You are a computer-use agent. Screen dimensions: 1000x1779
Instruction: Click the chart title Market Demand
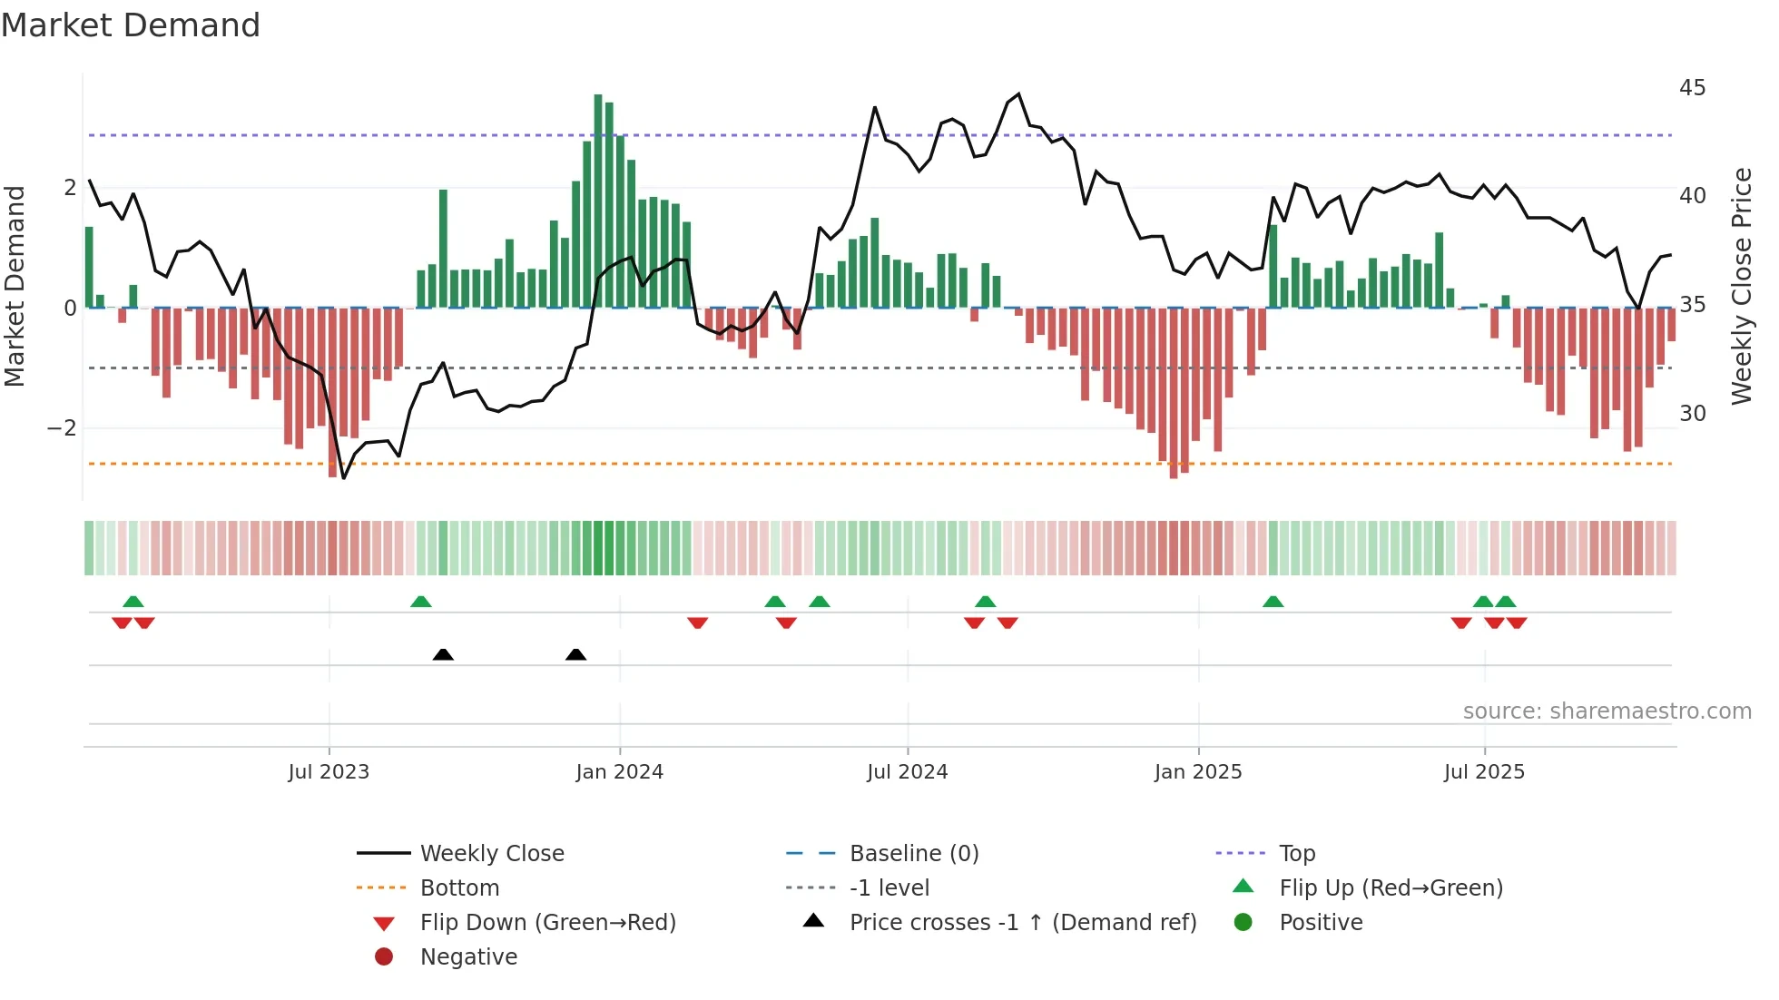131,25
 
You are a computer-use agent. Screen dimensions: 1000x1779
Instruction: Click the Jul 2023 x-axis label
329,772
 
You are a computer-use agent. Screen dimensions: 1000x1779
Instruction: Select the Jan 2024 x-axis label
620,772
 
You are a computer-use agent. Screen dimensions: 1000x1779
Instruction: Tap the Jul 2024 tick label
907,772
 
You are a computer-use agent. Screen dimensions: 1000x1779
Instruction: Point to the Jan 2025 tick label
1198,772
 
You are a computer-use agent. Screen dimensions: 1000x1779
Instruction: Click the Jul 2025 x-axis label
1484,772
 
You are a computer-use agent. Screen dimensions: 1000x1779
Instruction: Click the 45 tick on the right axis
1692,88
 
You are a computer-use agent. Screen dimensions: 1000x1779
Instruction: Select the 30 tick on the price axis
1692,414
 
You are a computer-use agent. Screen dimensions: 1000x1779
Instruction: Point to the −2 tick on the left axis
62,428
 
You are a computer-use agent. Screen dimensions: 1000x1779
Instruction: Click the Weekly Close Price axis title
1741,286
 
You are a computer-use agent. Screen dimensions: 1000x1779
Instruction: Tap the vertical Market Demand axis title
15,286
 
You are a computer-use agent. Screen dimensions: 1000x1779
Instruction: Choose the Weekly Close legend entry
491,854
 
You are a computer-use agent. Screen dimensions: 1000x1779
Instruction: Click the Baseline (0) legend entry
913,854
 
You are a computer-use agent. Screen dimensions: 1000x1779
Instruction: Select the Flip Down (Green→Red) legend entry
547,923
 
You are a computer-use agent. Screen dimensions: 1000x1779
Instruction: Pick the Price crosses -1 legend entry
1022,923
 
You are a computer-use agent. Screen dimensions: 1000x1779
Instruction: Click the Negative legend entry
468,957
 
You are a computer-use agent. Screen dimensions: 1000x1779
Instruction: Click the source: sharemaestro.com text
1607,711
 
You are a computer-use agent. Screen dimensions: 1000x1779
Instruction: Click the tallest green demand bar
598,200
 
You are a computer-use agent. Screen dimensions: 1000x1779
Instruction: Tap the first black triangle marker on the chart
443,654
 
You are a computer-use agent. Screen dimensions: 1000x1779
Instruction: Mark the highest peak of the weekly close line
1018,94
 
